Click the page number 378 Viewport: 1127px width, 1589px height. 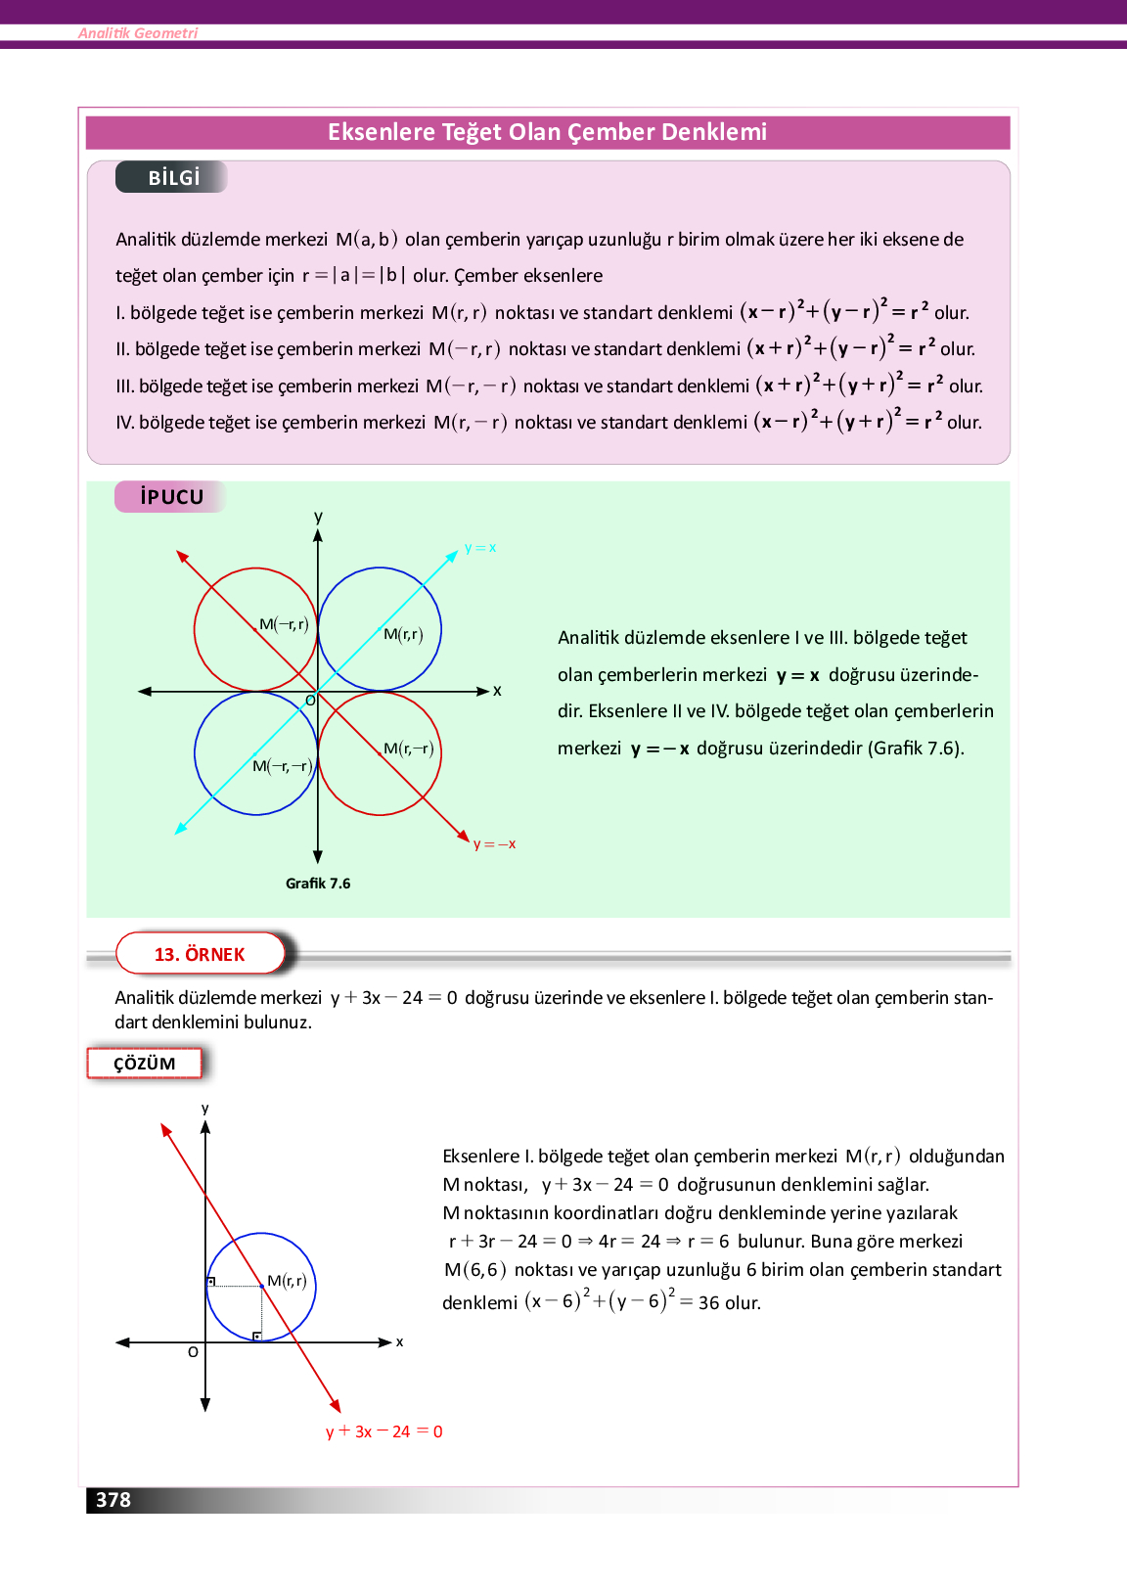[x=113, y=1500]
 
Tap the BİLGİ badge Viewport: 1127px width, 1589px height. [x=173, y=177]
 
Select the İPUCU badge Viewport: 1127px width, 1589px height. [x=171, y=497]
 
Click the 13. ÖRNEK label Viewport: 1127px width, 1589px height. [x=200, y=954]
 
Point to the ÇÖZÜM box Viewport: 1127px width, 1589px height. [x=145, y=1064]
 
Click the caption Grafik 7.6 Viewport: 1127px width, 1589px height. [x=318, y=884]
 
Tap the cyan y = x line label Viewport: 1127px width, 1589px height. [x=480, y=548]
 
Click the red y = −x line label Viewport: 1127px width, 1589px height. [x=494, y=844]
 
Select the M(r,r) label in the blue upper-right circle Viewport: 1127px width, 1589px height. [x=403, y=634]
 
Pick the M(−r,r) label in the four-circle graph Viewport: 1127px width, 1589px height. [x=284, y=624]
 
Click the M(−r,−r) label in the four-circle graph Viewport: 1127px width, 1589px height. [x=282, y=766]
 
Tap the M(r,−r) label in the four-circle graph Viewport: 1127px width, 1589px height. [x=408, y=749]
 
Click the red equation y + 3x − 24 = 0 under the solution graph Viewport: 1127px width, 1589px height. [x=383, y=1431]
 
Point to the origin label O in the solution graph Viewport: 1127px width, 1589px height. [x=193, y=1352]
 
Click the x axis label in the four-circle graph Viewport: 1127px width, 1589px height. [x=497, y=691]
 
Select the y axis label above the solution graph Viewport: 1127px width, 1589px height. [x=205, y=1109]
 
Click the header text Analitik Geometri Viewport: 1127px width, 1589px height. [x=138, y=33]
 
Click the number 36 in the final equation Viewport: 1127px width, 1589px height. [x=708, y=1303]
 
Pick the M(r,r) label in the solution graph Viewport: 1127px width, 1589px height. [x=287, y=1281]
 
